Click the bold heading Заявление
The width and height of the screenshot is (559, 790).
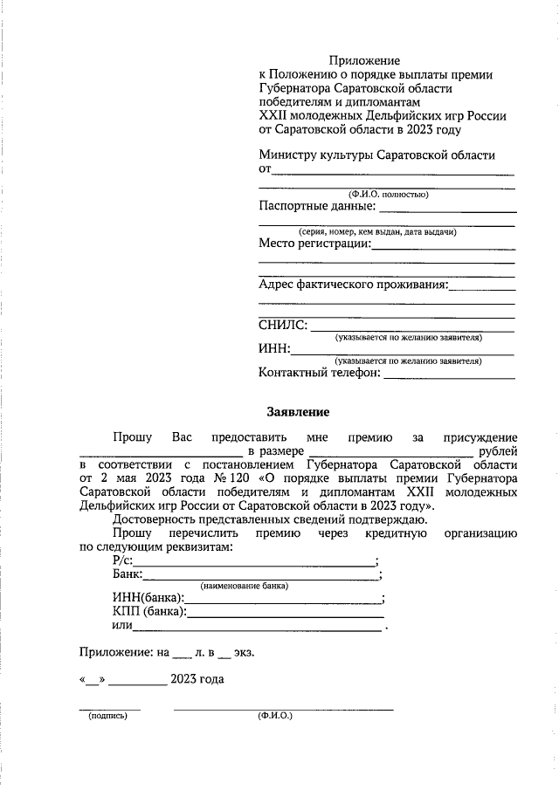click(298, 410)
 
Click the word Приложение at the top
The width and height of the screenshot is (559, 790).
click(364, 60)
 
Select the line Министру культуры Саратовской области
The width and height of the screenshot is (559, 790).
click(376, 155)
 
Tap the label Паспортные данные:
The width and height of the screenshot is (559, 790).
click(317, 207)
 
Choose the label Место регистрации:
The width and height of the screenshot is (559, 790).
click(314, 244)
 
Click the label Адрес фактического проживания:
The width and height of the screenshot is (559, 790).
click(353, 285)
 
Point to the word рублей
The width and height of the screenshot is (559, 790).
click(499, 451)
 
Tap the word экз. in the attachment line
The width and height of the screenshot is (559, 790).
click(245, 651)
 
